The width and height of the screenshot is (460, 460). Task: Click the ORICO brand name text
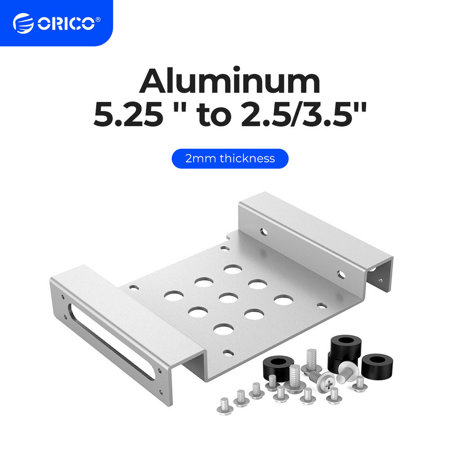click(x=65, y=23)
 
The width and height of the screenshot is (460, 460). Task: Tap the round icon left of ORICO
click(x=23, y=23)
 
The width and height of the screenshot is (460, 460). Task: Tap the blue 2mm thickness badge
click(x=230, y=159)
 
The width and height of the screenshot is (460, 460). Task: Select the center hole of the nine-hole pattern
click(x=229, y=298)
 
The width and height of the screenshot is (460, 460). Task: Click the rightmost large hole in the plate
click(x=284, y=300)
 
